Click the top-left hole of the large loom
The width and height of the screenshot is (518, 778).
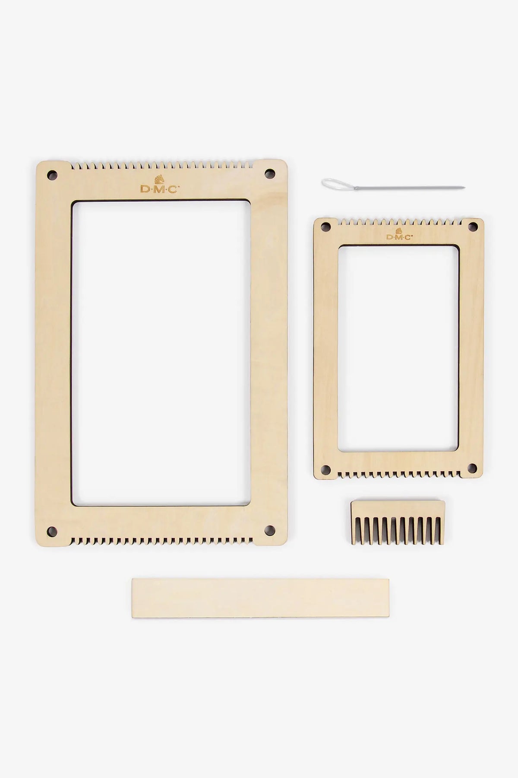[52, 175]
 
